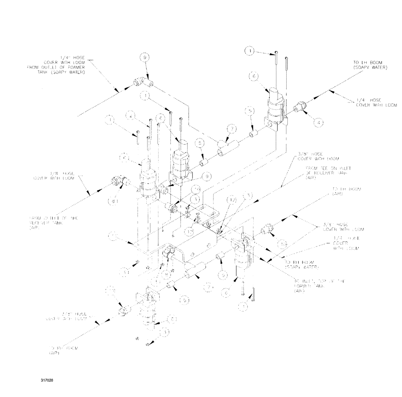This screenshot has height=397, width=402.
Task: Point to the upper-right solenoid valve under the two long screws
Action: pyautogui.click(x=277, y=106)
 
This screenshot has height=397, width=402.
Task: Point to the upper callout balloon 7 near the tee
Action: pyautogui.click(x=231, y=129)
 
